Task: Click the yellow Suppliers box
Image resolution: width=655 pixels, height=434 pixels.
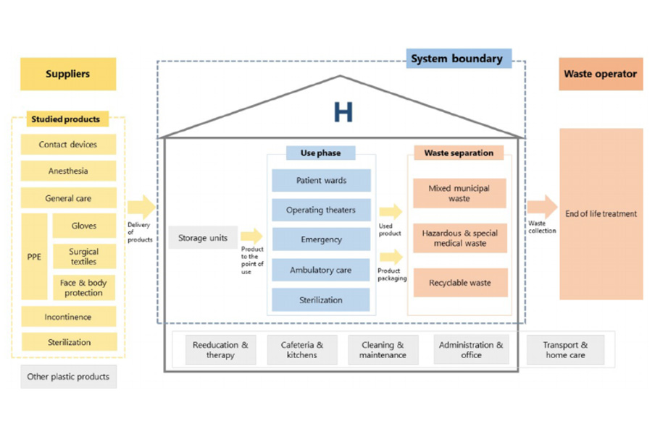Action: tap(68, 74)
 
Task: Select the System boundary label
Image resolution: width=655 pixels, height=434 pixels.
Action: tap(458, 59)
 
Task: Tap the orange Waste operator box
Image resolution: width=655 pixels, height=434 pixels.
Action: tap(600, 74)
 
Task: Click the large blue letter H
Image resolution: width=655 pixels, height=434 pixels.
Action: tap(343, 112)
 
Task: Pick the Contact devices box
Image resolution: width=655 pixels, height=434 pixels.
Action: tap(68, 145)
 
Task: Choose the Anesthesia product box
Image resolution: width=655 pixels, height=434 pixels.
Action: tap(68, 171)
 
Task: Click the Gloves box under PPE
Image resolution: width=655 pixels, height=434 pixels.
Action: tap(84, 226)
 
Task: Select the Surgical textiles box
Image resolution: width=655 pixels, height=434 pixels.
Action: tap(84, 257)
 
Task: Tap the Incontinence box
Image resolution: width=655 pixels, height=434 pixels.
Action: tap(68, 317)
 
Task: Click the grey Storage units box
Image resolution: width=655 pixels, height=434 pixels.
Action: tap(203, 238)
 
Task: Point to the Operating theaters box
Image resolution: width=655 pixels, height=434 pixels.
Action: tap(321, 210)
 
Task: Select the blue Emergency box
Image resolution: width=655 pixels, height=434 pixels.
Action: tap(321, 239)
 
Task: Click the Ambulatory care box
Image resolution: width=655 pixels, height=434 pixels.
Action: tap(321, 270)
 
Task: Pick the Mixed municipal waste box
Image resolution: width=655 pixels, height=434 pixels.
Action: tap(459, 193)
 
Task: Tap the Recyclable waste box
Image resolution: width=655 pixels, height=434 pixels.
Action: tap(459, 283)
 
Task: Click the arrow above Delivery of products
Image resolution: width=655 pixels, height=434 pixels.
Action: tap(141, 207)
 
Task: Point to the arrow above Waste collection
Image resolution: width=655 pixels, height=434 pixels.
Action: tap(541, 207)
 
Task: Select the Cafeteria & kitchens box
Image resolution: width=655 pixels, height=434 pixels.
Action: tap(302, 350)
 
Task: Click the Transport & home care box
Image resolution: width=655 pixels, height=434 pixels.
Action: tap(565, 350)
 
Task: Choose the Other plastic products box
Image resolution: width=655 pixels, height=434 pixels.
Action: tap(68, 377)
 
